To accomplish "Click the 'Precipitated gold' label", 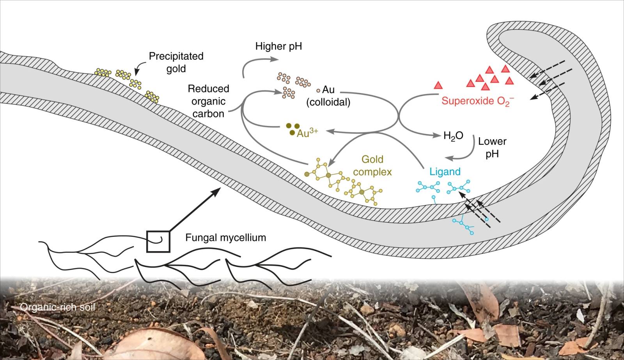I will point(176,62).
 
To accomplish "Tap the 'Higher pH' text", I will point(278,46).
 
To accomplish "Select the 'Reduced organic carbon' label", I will point(208,101).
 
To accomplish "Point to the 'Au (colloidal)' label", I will point(328,96).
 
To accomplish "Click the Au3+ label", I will point(307,133).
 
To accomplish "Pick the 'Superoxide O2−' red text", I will point(477,101).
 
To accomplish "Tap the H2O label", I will point(453,136).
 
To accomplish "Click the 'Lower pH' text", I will point(492,147).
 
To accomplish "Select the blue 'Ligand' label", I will point(445,172).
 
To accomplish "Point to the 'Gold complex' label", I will point(372,165).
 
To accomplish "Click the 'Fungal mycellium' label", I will point(225,237).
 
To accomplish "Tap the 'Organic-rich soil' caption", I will point(57,308).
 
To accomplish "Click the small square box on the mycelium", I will point(158,241).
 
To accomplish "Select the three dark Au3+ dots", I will point(292,129).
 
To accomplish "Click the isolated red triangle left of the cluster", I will point(439,85).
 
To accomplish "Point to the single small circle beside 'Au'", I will point(318,90).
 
